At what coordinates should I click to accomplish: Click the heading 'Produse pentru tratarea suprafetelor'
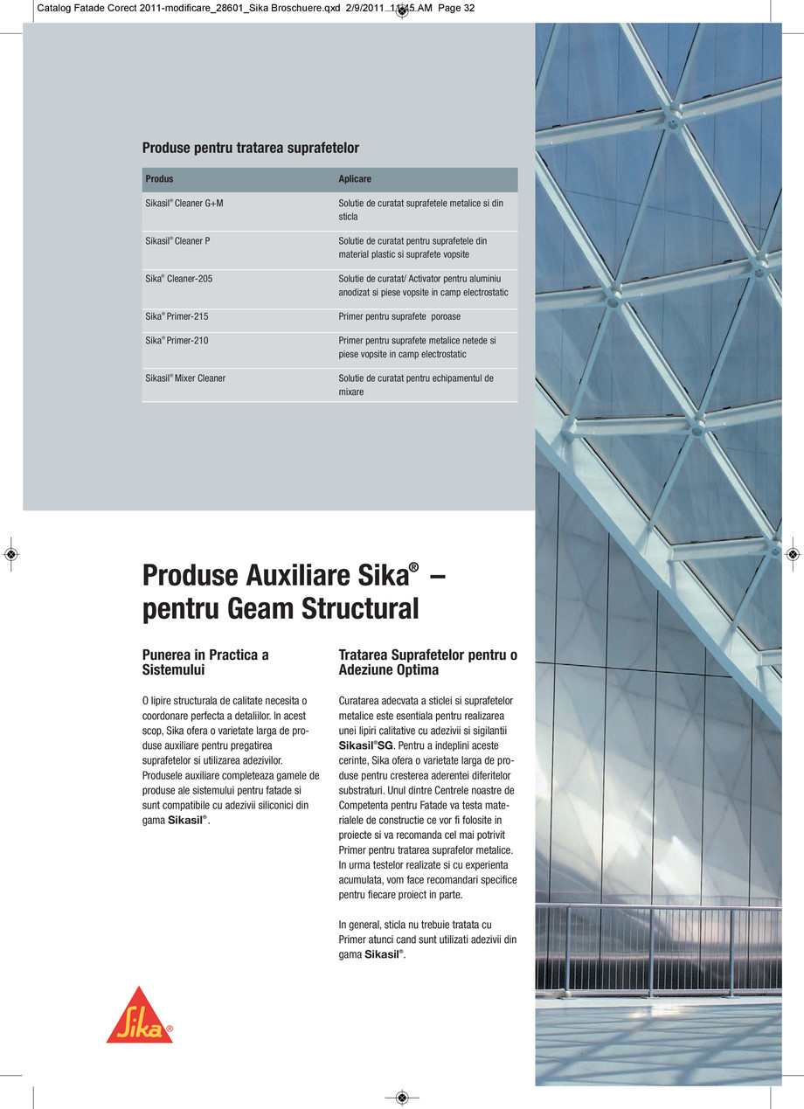pos(250,148)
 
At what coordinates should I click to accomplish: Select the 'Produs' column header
pos(159,179)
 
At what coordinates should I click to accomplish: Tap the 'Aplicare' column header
pos(355,179)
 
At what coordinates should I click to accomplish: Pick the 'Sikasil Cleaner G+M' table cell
pos(184,203)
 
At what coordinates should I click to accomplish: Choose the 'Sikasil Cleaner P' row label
pos(177,240)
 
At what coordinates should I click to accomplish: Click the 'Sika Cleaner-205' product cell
pos(178,279)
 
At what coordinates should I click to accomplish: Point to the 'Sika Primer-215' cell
pos(177,317)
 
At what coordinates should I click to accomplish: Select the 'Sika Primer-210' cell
pos(177,341)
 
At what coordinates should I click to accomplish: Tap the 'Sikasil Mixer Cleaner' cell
pos(185,378)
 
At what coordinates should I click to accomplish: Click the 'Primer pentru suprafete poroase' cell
pos(399,317)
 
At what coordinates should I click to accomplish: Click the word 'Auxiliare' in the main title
pos(279,577)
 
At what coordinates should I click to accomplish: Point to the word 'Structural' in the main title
pos(360,609)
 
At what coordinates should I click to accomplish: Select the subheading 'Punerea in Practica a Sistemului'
pos(204,662)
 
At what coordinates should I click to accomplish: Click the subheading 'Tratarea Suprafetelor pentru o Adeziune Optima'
pos(427,662)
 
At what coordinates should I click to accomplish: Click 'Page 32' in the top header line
pos(455,9)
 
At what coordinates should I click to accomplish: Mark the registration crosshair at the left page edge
pos(10,554)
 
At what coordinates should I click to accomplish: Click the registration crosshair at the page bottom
pos(401,1097)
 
